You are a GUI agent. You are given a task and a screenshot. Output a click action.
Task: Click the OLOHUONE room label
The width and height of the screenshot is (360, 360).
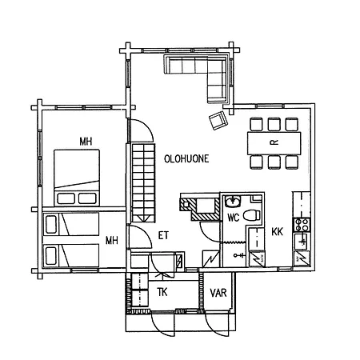coord(186,158)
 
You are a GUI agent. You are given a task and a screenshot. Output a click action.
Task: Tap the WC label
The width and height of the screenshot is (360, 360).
coord(234,218)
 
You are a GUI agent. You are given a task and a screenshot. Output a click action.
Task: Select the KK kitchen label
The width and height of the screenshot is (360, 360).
coord(277,232)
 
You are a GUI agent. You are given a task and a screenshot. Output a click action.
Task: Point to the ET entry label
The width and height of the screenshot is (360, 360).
coord(163,235)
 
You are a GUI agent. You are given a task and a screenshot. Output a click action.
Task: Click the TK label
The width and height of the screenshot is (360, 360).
coord(162,292)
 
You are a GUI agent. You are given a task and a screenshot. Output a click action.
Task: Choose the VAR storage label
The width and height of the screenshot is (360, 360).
coord(218,293)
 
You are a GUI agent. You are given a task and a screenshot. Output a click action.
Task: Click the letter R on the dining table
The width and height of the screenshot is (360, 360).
coord(274,142)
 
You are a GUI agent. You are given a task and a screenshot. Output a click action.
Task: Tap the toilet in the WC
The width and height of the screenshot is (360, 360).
coord(252,215)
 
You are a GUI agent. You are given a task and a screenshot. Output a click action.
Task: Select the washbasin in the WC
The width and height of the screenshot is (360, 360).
coord(233,202)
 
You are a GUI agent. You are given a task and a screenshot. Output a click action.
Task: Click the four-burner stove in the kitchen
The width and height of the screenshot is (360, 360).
coord(302,224)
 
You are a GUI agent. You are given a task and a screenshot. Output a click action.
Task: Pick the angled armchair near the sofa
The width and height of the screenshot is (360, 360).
coord(218,120)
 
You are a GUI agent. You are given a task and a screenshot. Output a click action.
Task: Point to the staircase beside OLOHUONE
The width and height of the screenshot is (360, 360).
coord(143,183)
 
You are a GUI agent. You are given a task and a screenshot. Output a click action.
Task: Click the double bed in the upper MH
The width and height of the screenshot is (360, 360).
coord(77,178)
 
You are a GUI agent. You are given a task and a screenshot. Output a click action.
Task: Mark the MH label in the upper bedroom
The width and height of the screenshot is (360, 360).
coord(86,142)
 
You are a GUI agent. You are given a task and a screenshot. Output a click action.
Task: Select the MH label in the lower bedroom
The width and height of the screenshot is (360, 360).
coord(112,241)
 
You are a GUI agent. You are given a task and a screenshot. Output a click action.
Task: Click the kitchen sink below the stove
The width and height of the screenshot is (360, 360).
coord(302,242)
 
